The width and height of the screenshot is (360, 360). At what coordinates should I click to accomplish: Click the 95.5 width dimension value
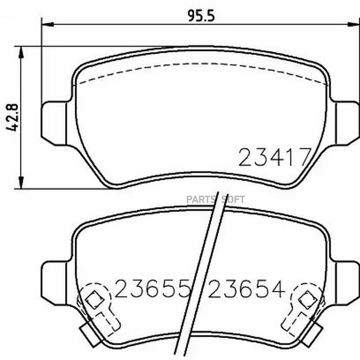point(201,16)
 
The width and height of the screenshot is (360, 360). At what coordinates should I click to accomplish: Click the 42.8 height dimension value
point(12,118)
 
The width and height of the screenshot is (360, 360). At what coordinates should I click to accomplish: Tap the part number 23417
point(275,157)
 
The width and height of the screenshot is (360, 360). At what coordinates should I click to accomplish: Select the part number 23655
point(153,288)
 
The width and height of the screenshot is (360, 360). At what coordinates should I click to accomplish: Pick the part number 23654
point(246,288)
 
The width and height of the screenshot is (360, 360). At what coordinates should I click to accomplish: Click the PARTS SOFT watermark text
point(216,200)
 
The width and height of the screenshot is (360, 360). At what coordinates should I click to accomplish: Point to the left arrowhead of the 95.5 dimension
point(47,24)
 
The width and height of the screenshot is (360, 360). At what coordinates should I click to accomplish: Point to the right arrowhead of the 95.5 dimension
point(354,24)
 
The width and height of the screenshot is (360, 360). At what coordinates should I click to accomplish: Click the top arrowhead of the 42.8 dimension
point(21,52)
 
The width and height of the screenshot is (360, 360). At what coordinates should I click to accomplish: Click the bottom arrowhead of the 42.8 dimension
point(21,183)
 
